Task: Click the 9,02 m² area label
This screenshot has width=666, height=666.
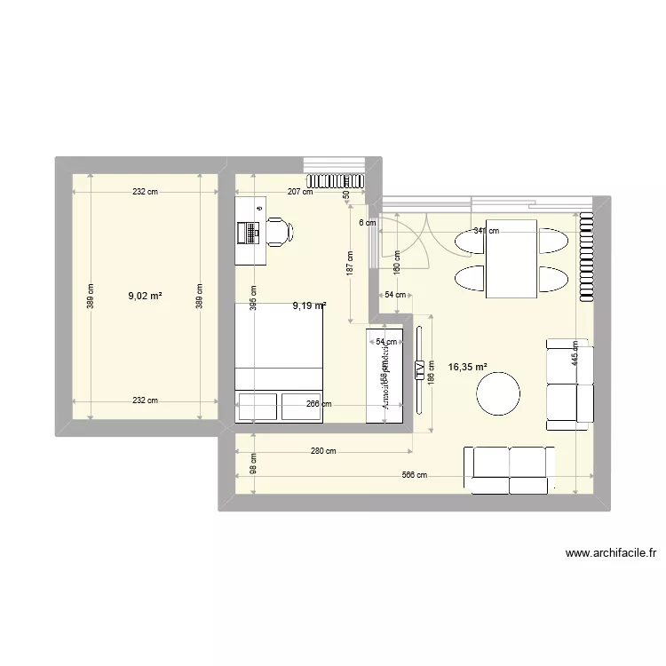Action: [145, 297]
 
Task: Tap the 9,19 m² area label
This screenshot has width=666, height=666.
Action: [309, 306]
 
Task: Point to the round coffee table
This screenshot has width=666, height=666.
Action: [498, 393]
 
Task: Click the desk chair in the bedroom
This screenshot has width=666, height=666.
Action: [279, 231]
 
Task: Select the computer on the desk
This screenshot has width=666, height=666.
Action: [250, 232]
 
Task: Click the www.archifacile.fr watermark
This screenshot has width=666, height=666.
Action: [611, 553]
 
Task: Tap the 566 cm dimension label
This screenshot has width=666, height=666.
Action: [415, 475]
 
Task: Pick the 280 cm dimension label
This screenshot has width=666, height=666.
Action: [323, 451]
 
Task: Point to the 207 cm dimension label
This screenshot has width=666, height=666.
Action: [300, 191]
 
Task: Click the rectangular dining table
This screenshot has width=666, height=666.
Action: [511, 258]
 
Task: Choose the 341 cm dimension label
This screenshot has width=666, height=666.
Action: [486, 231]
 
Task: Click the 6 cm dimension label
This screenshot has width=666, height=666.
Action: [367, 223]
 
